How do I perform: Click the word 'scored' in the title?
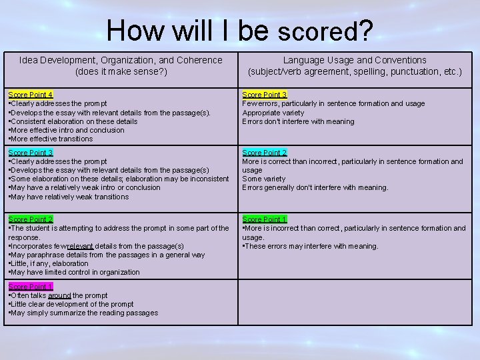pyautogui.click(x=318, y=31)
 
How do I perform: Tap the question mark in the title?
pyautogui.click(x=366, y=30)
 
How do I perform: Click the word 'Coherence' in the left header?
pyautogui.click(x=198, y=60)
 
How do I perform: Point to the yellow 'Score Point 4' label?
pyautogui.click(x=30, y=95)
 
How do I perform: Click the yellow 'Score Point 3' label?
pyautogui.click(x=265, y=95)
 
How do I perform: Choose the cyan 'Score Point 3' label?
pyautogui.click(x=30, y=153)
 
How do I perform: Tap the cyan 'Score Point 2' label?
pyautogui.click(x=265, y=153)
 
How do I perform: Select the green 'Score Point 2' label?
pyautogui.click(x=30, y=219)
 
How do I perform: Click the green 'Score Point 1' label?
pyautogui.click(x=265, y=219)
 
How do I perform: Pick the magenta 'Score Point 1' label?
pyautogui.click(x=30, y=287)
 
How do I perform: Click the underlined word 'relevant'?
pyautogui.click(x=81, y=246)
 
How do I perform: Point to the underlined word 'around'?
pyautogui.click(x=59, y=295)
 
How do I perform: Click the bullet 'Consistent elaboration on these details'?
pyautogui.click(x=73, y=121)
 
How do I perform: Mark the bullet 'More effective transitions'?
pyautogui.click(x=51, y=139)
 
